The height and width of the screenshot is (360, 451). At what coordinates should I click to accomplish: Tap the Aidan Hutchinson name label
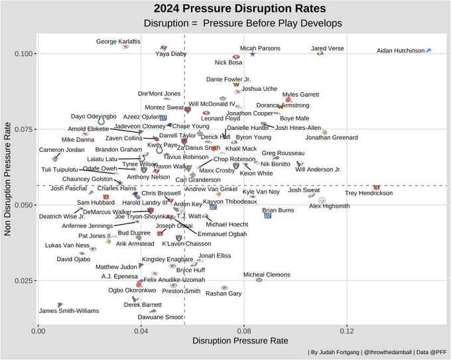(x=400, y=50)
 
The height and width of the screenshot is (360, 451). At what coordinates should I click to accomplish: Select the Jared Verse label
(x=328, y=48)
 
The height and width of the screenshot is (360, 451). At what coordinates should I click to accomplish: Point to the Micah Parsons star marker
(x=252, y=54)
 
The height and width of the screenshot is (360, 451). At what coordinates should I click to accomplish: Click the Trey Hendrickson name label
(x=369, y=194)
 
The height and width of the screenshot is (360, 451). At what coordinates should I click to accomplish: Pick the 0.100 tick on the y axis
(x=24, y=53)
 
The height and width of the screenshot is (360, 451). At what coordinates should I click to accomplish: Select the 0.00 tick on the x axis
(x=39, y=330)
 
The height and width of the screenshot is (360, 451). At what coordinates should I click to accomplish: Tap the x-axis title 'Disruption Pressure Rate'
(x=239, y=341)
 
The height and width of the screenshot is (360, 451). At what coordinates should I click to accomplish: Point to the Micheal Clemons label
(x=267, y=274)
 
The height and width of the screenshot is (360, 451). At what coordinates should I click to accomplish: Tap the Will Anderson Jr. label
(x=318, y=170)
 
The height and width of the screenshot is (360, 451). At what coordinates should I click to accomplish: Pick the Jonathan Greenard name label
(x=331, y=138)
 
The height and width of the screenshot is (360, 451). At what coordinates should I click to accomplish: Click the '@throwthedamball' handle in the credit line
(x=372, y=351)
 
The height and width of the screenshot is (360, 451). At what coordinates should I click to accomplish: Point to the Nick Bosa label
(x=228, y=62)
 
